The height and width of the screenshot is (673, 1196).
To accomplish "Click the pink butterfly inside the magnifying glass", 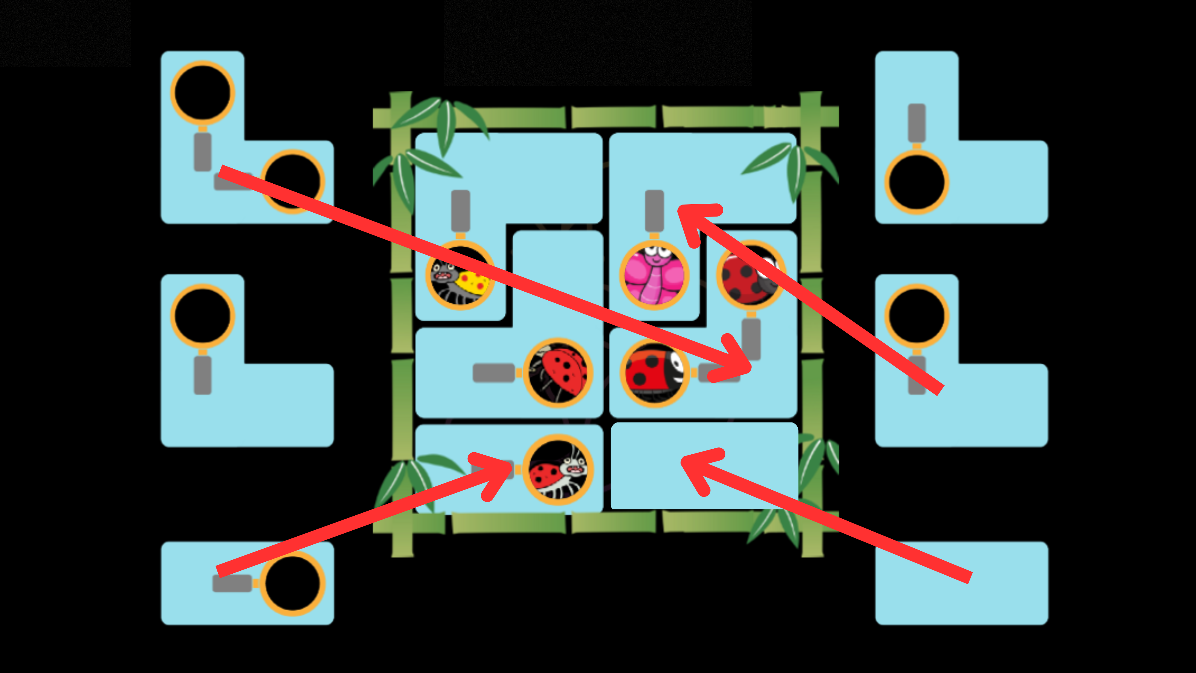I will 654,276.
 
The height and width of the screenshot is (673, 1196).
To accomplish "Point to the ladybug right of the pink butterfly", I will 751,276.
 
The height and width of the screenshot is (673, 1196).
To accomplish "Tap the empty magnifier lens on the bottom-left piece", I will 292,584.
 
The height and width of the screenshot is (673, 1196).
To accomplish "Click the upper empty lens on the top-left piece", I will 202,93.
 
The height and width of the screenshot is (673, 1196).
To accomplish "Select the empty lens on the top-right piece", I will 916,182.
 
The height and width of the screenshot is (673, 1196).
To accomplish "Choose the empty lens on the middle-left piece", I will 202,316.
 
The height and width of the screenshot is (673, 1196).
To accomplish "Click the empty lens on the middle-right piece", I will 916,316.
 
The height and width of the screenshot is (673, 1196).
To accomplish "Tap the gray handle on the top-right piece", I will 916,123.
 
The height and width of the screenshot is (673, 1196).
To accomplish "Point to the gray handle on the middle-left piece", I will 202,375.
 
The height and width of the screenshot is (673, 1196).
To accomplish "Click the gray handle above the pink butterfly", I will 654,210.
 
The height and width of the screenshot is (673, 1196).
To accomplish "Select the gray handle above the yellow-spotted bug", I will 460,210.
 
